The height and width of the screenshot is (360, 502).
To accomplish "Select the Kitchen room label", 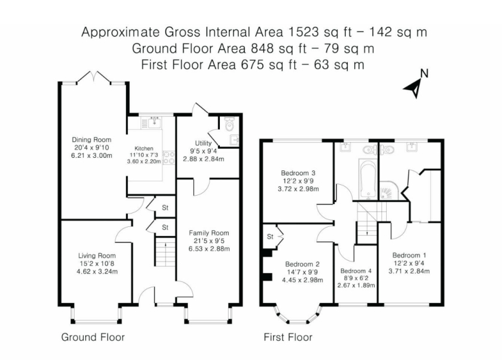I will click(144, 148).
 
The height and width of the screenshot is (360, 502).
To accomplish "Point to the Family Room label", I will click(209, 233).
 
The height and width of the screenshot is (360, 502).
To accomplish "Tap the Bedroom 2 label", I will click(302, 264).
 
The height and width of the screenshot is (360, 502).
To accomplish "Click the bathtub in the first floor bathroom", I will click(367, 179).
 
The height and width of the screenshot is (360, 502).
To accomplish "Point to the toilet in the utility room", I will click(228, 125).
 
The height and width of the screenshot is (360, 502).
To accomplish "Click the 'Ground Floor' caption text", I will click(92, 337).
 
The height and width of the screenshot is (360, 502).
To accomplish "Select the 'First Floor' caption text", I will click(288, 337).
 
